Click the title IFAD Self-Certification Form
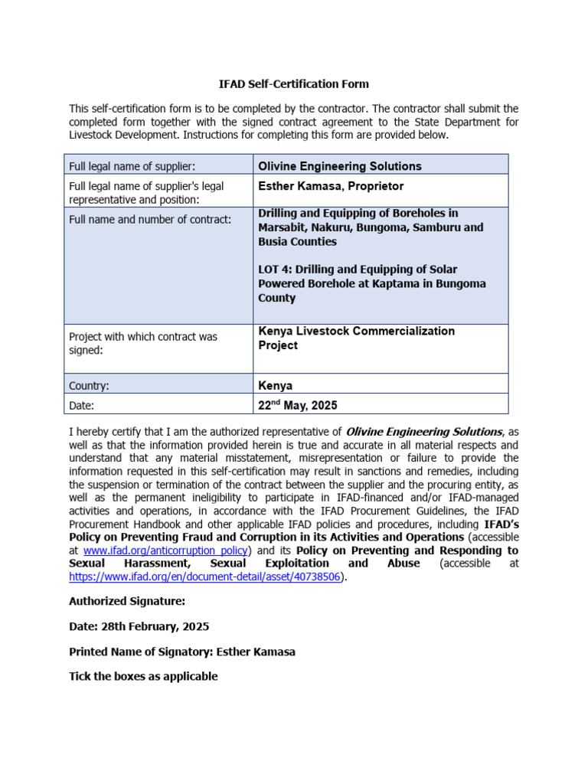[x=293, y=84]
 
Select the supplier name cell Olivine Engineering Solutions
[x=339, y=166]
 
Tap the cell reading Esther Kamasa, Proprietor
[x=331, y=186]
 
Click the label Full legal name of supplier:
[x=132, y=166]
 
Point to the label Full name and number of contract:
[x=150, y=220]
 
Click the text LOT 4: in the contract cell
[x=276, y=269]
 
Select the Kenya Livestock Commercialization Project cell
[x=356, y=338]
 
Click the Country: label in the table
[x=89, y=386]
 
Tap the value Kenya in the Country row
[x=275, y=386]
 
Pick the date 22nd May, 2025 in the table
[x=297, y=405]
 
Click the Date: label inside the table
[x=82, y=406]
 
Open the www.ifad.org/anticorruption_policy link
[x=165, y=550]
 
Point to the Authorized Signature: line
[x=127, y=602]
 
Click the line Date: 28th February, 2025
[x=139, y=626]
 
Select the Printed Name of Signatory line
[x=182, y=652]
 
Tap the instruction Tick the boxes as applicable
[x=143, y=676]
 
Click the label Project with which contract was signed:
[x=143, y=343]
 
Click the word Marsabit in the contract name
[x=282, y=227]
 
